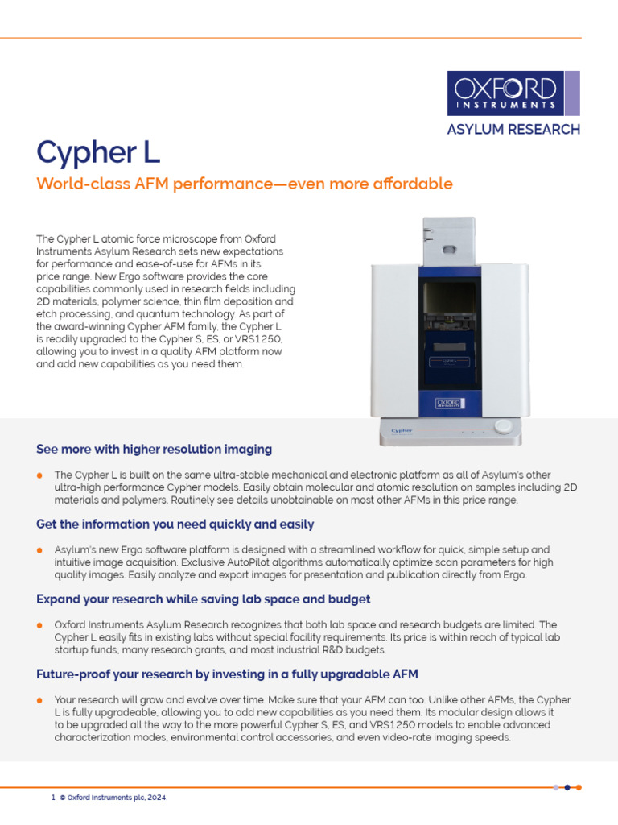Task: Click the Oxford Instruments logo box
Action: [x=505, y=93]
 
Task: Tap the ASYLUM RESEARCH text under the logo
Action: [x=513, y=129]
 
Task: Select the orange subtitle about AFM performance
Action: [x=245, y=184]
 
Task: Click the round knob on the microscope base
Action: [x=503, y=427]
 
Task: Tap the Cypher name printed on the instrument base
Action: [x=402, y=430]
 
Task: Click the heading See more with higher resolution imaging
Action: [x=154, y=449]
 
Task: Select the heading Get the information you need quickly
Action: [x=175, y=524]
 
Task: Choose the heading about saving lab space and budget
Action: [x=203, y=599]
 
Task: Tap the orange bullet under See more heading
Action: [x=40, y=475]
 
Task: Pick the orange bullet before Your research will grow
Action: [x=40, y=700]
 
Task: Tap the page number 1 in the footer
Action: [x=53, y=798]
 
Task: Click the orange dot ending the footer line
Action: [x=579, y=787]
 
